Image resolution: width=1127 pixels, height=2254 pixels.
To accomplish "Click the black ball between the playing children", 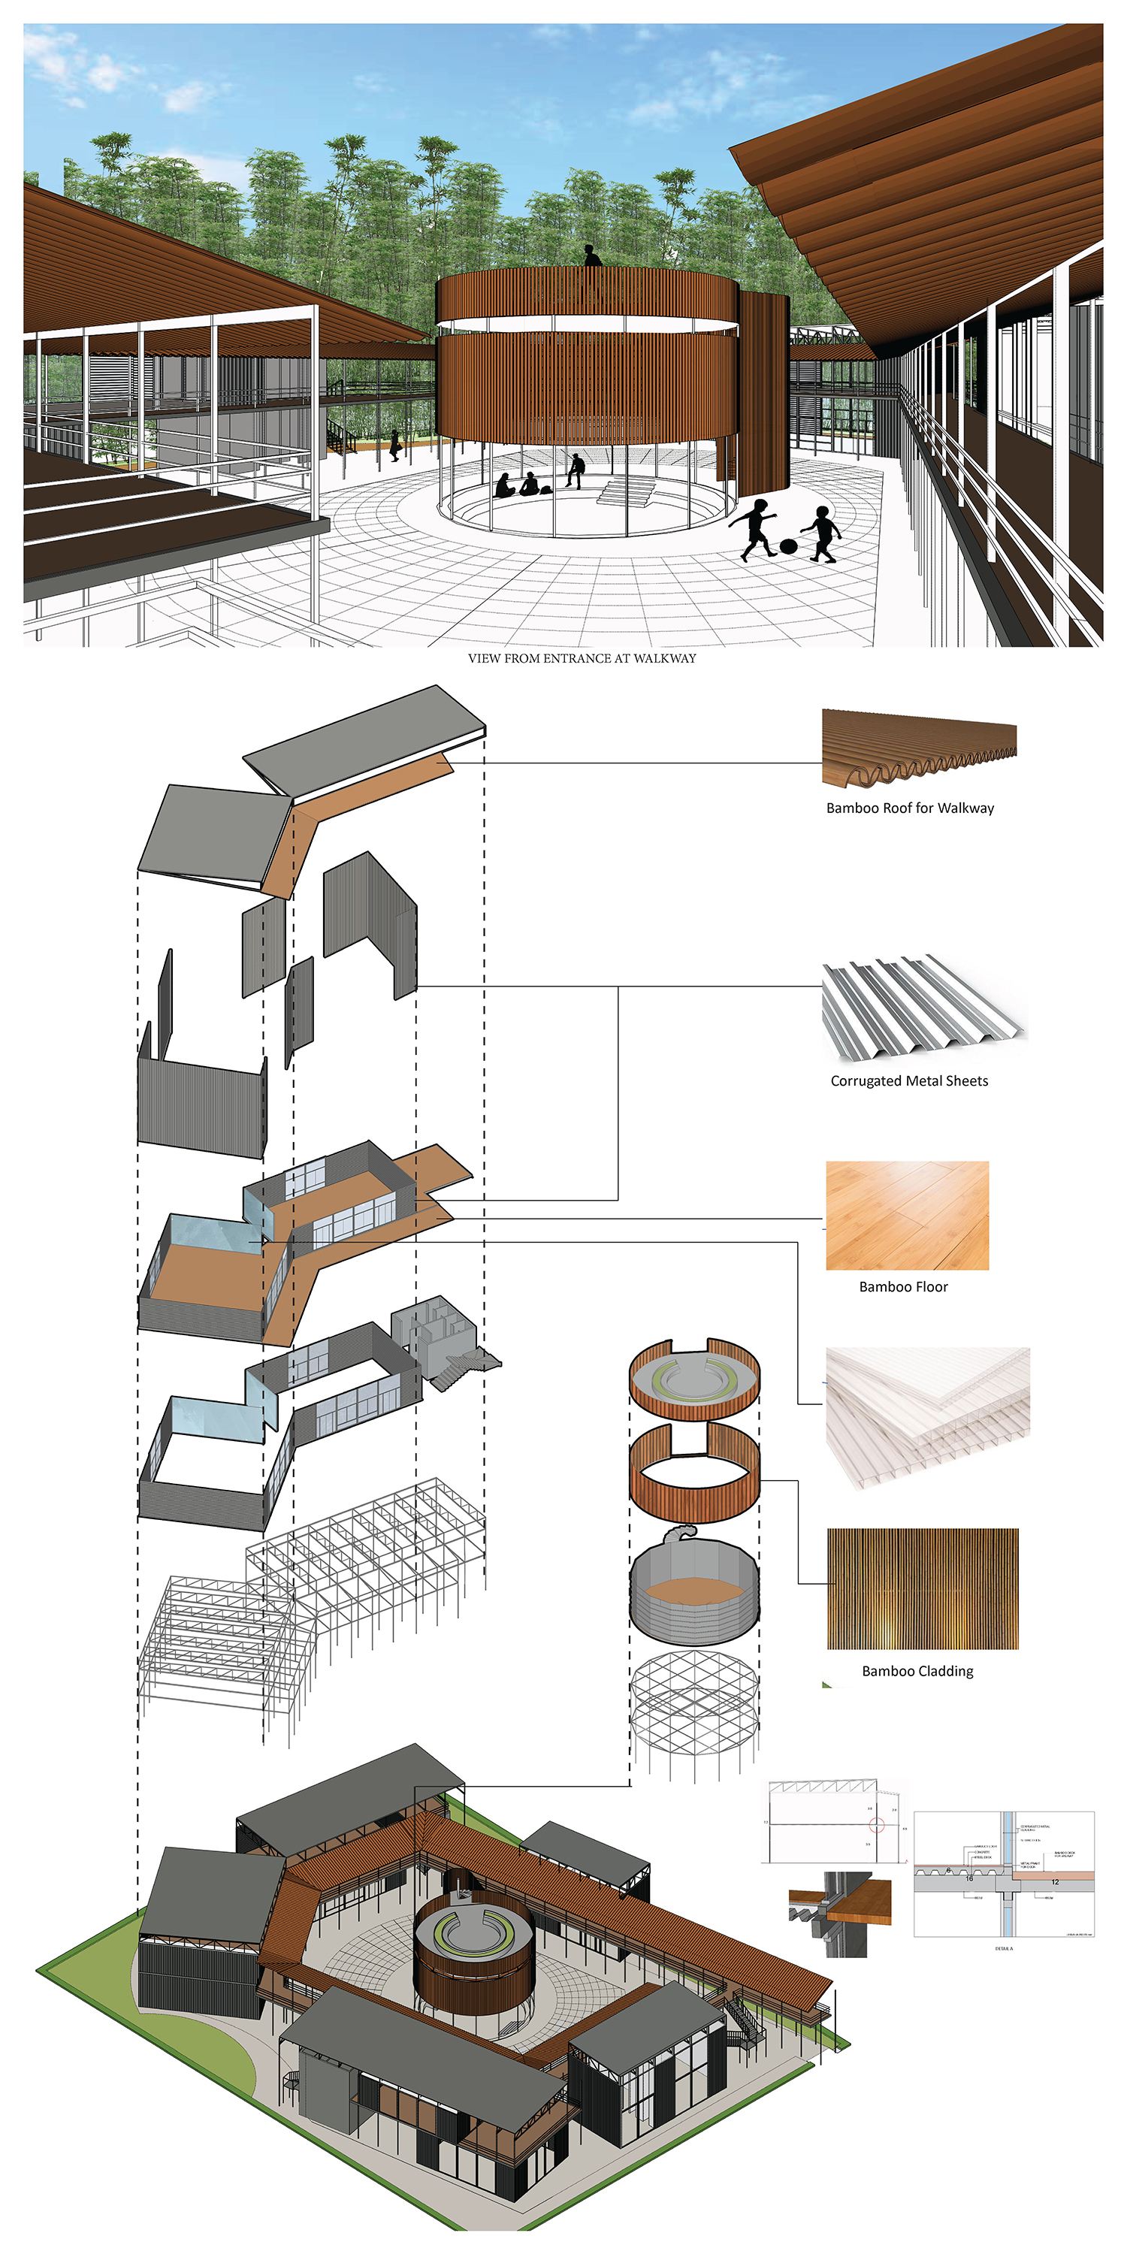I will [x=788, y=546].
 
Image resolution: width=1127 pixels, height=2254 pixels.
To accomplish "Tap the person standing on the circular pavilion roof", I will [x=592, y=255].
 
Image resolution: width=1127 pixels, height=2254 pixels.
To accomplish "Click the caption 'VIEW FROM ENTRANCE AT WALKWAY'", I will [x=582, y=658].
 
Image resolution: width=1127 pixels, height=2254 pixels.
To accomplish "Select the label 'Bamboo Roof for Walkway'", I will [x=910, y=808].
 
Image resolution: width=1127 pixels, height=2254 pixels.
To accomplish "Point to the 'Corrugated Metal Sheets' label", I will [x=909, y=1080].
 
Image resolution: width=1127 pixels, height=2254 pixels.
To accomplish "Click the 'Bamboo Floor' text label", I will [x=903, y=1286].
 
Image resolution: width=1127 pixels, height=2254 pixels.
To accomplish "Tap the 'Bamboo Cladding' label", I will [x=917, y=1670].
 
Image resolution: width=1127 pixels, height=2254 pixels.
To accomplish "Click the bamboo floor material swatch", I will [x=908, y=1216].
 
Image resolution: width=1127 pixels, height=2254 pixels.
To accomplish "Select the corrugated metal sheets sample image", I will [x=923, y=1006].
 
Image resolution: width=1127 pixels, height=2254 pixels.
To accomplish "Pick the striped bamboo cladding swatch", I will [x=922, y=1588].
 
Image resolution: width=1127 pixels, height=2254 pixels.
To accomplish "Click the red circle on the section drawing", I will [x=877, y=1824].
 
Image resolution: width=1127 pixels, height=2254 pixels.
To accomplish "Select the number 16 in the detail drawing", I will [x=968, y=1878].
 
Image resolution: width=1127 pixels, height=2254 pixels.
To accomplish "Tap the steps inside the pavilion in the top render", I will [x=627, y=492].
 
